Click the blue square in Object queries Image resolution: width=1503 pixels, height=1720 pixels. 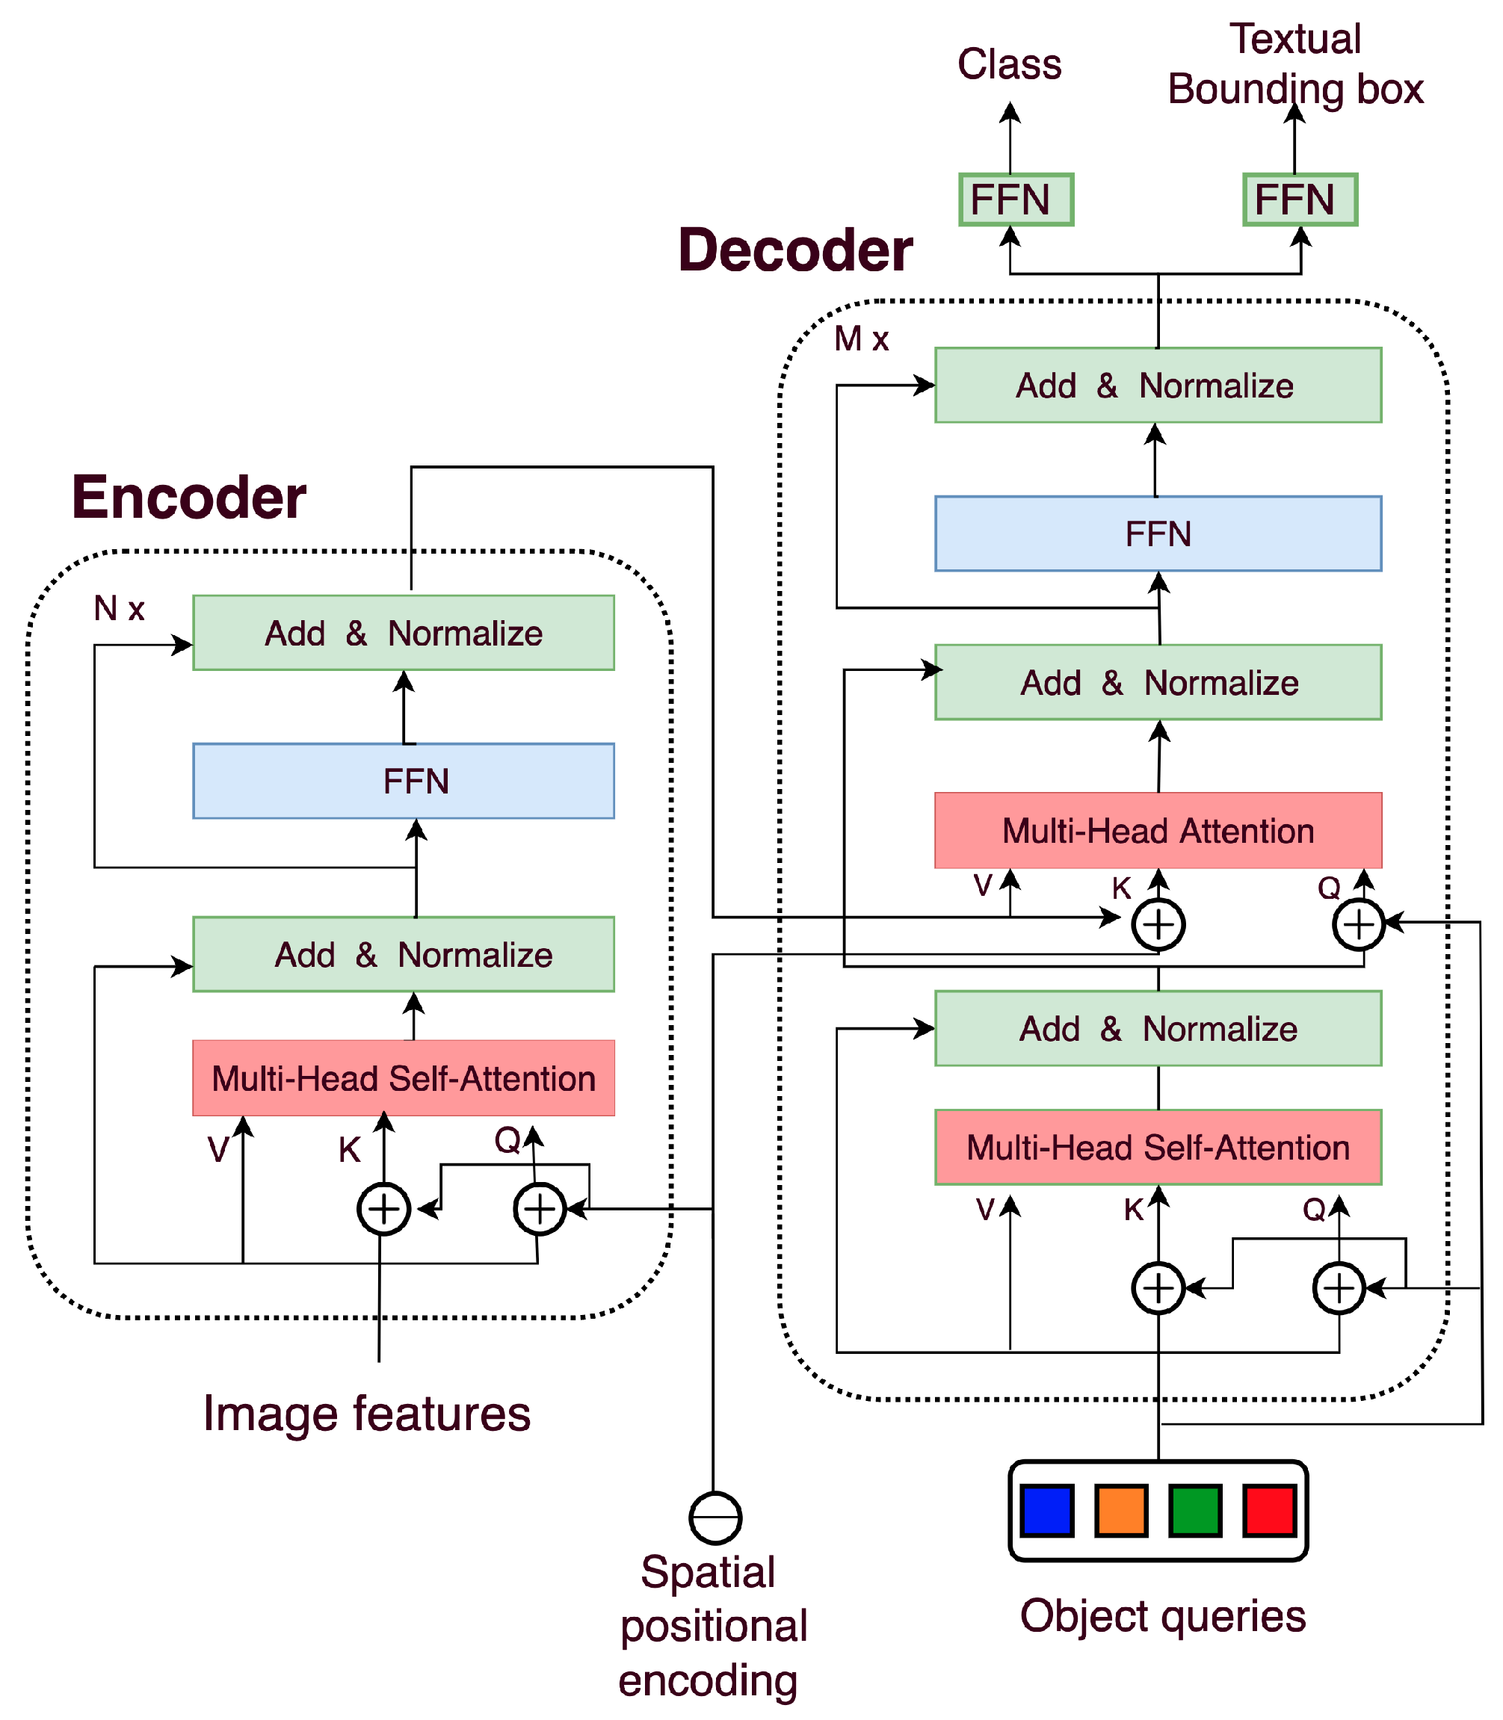(1048, 1510)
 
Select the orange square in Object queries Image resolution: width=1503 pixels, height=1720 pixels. (1121, 1510)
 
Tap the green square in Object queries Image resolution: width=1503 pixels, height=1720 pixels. (1195, 1510)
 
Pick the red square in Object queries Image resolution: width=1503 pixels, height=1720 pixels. (1270, 1510)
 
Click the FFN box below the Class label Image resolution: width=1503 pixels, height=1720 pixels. (1016, 199)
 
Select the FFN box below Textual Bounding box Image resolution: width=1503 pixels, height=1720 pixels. (1300, 199)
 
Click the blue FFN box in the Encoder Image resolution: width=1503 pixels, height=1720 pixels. (404, 781)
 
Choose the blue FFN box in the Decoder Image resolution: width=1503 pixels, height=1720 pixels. (1158, 533)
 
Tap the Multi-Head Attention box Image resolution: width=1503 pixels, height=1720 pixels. (1158, 830)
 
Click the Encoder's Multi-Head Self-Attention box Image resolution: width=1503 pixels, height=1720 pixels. (404, 1077)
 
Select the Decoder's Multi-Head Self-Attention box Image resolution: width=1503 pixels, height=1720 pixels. (1158, 1147)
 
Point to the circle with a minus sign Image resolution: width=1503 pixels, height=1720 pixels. (715, 1518)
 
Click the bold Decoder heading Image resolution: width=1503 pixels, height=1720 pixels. (795, 250)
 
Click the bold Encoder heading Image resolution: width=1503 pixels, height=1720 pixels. (188, 498)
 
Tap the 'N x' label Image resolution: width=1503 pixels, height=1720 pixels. (119, 608)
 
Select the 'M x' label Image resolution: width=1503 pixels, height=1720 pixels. (862, 338)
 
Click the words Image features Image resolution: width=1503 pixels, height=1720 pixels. (366, 1413)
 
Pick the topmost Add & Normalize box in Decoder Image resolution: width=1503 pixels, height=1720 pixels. (1158, 385)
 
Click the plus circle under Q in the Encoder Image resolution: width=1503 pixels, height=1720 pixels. (540, 1208)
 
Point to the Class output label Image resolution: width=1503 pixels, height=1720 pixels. (1010, 64)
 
